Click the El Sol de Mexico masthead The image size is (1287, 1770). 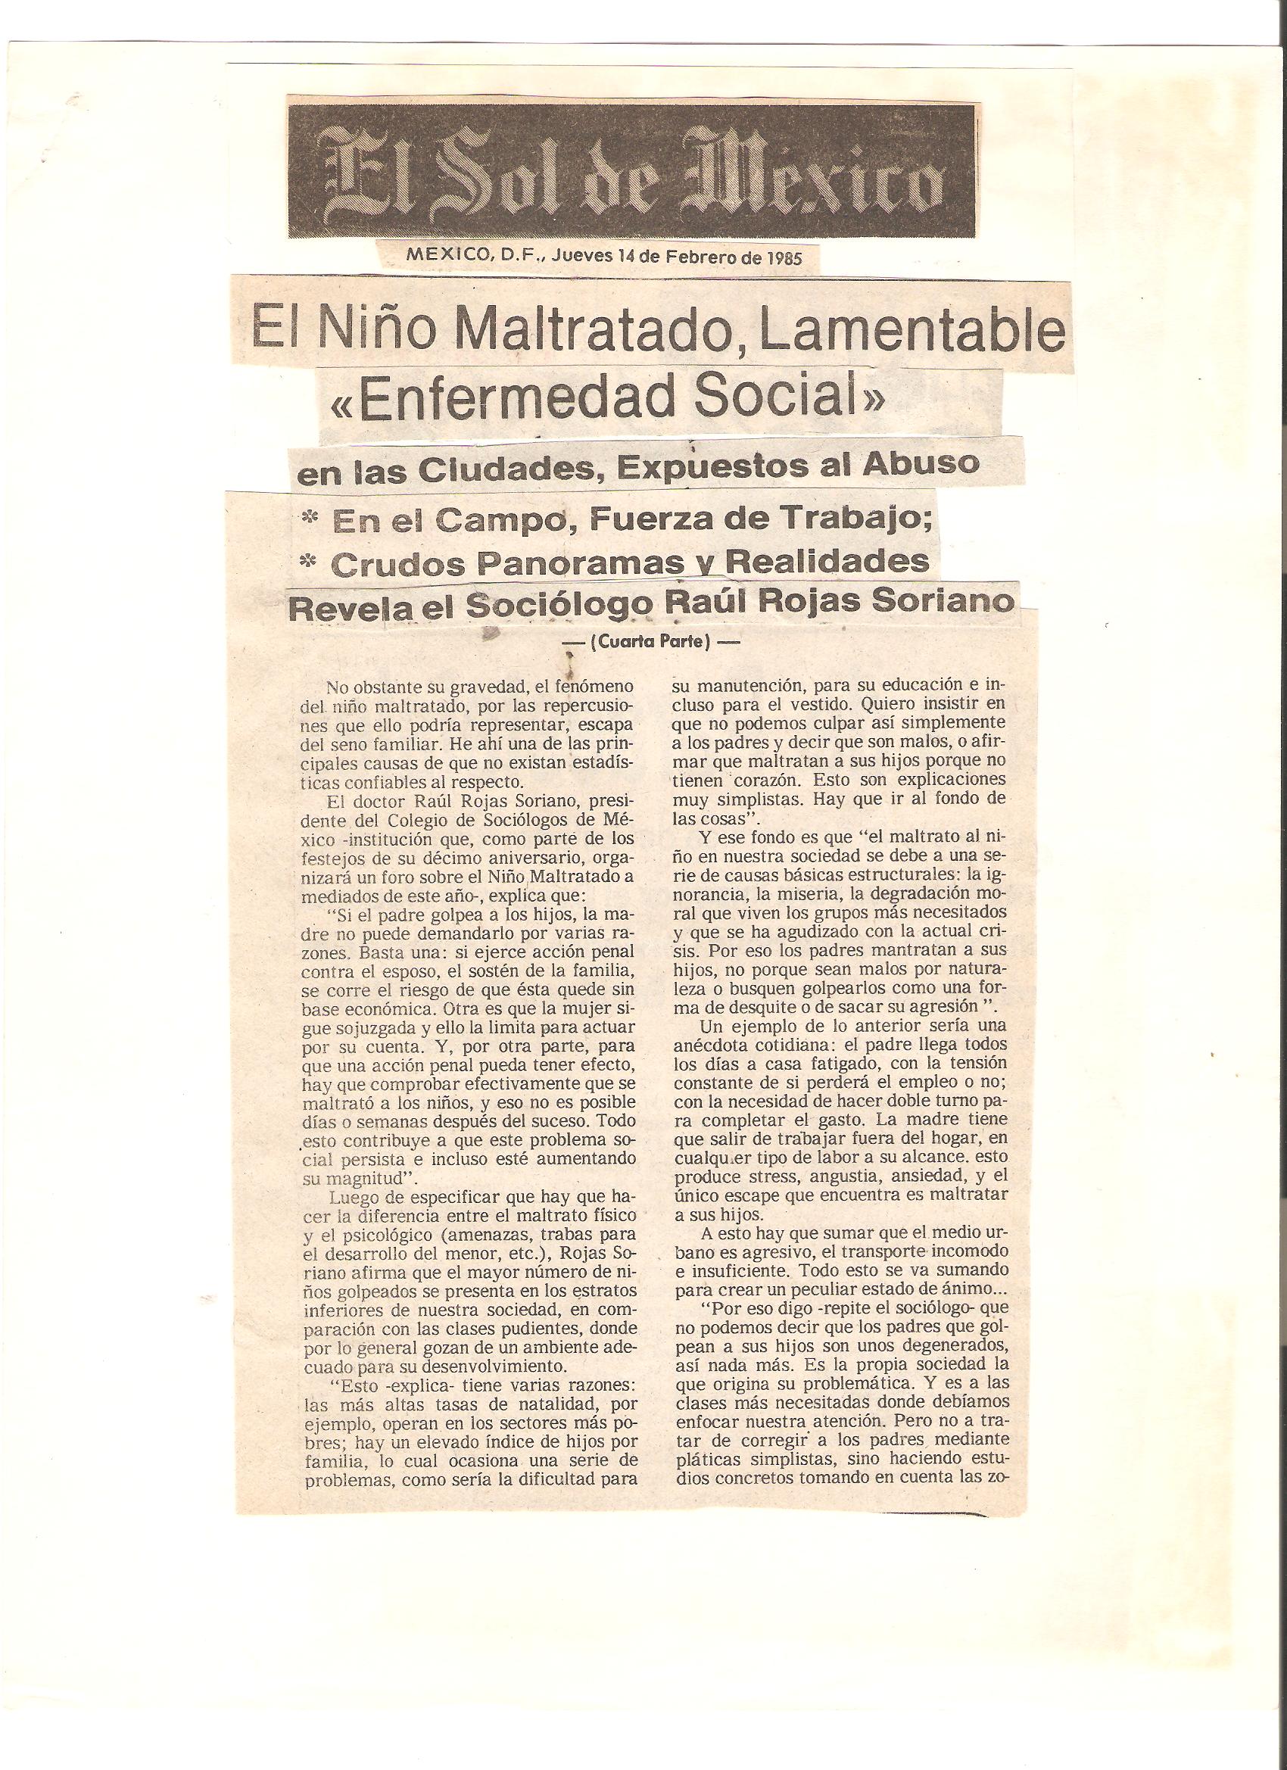click(631, 172)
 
